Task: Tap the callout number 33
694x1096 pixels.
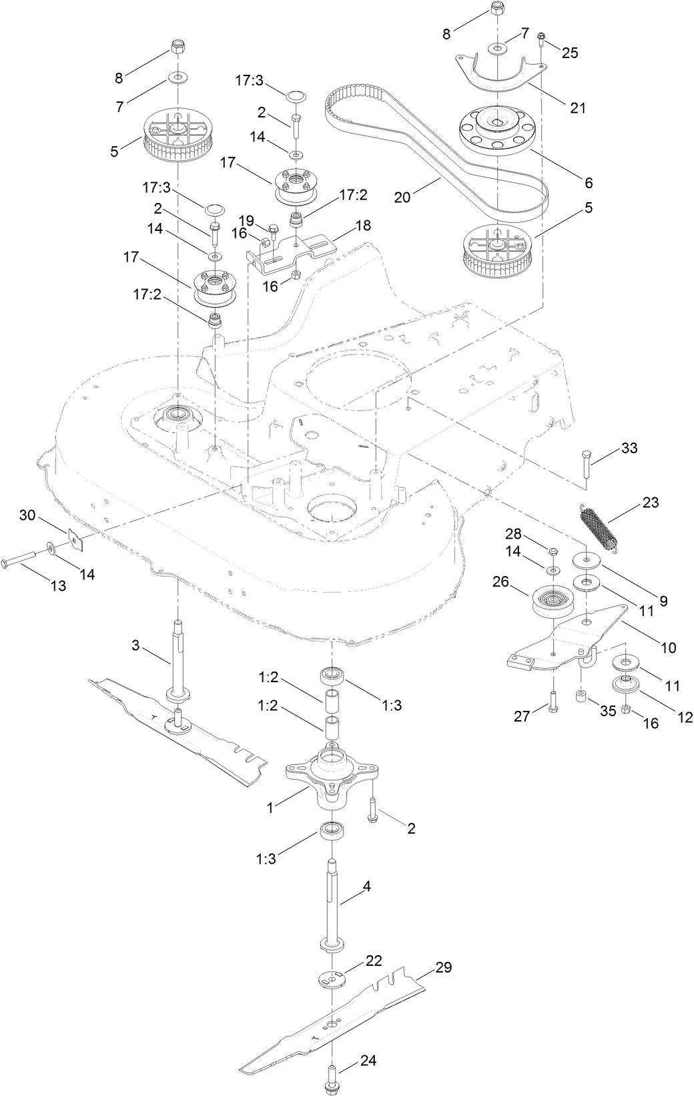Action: pos(629,449)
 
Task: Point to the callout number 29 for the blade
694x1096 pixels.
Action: pos(444,967)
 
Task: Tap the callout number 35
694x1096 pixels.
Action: pos(607,711)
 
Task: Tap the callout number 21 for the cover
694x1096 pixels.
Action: pos(577,107)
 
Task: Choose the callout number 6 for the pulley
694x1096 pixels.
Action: pos(588,182)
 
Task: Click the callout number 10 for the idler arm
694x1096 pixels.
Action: pos(668,647)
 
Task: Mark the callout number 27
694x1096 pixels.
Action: pos(522,716)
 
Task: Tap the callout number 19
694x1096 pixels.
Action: pos(246,220)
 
